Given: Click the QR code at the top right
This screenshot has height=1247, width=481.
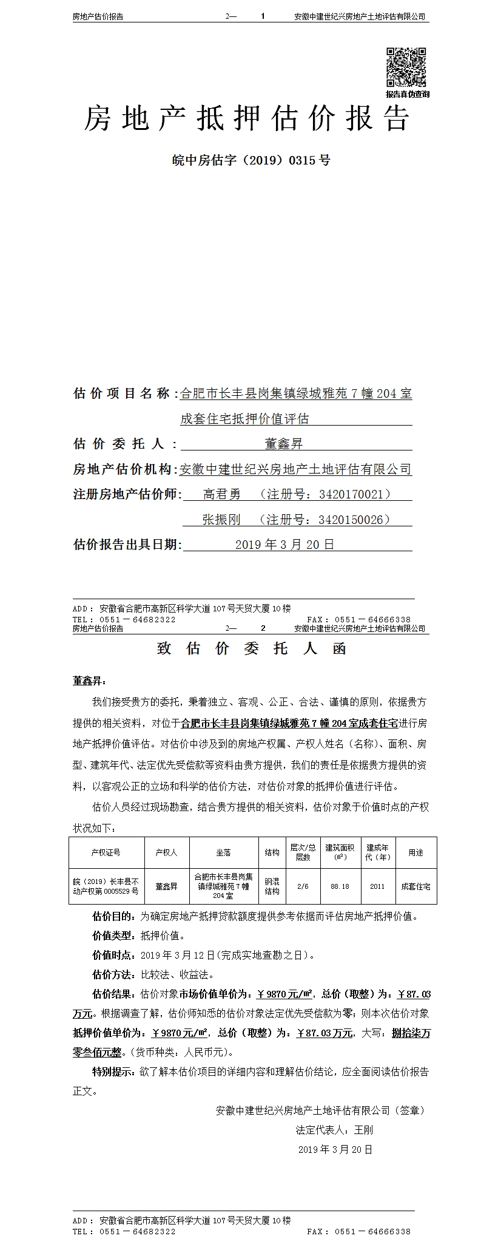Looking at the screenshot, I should coord(406,67).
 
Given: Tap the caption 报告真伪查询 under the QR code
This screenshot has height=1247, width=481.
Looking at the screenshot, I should coord(407,94).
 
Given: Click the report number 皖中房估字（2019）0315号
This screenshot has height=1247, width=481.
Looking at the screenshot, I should coord(251,161).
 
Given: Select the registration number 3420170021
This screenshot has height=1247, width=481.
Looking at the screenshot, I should coord(354,494).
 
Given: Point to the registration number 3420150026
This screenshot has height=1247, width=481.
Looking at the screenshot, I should coord(354,520).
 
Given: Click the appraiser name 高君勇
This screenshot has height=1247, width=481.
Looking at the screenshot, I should coord(221,494).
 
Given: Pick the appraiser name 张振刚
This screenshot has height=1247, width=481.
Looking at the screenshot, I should coord(221,520).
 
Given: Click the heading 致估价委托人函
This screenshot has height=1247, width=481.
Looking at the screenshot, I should coord(251,648).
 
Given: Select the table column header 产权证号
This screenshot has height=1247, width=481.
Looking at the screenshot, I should coord(106,852).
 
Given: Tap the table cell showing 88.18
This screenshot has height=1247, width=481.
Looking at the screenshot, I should coord(340,886).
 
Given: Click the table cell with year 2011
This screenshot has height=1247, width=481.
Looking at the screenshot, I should coord(377,886).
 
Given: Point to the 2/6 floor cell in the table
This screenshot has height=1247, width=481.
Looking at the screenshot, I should coord(303,886).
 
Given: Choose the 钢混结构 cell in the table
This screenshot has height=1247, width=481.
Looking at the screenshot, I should coord(272,886).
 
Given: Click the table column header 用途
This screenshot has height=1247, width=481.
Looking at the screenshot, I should coord(415,852).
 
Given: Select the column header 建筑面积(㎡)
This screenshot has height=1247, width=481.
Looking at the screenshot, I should coord(340,852).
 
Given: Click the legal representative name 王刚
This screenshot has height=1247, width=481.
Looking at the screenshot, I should coord(363,1130).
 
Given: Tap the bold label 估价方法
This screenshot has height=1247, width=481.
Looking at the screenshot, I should coord(113,974).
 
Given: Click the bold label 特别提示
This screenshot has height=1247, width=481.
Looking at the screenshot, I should coord(113,1072).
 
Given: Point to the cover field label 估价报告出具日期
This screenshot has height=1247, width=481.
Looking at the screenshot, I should coord(126,545).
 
